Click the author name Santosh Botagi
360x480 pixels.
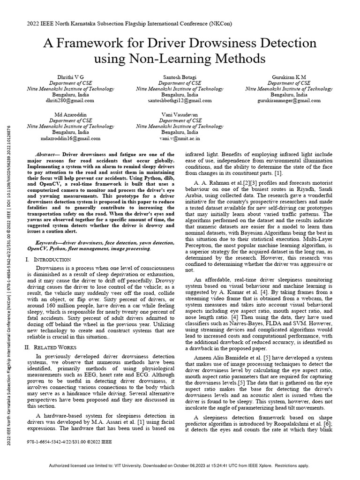click(x=180, y=76)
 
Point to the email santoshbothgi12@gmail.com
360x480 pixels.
click(x=180, y=100)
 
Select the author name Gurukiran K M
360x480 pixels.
click(x=289, y=76)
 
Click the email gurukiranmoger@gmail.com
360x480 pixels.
click(x=289, y=100)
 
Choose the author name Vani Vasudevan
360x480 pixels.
click(x=180, y=114)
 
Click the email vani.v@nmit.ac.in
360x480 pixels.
click(x=180, y=138)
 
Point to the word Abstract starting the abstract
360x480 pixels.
click(x=46, y=154)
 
